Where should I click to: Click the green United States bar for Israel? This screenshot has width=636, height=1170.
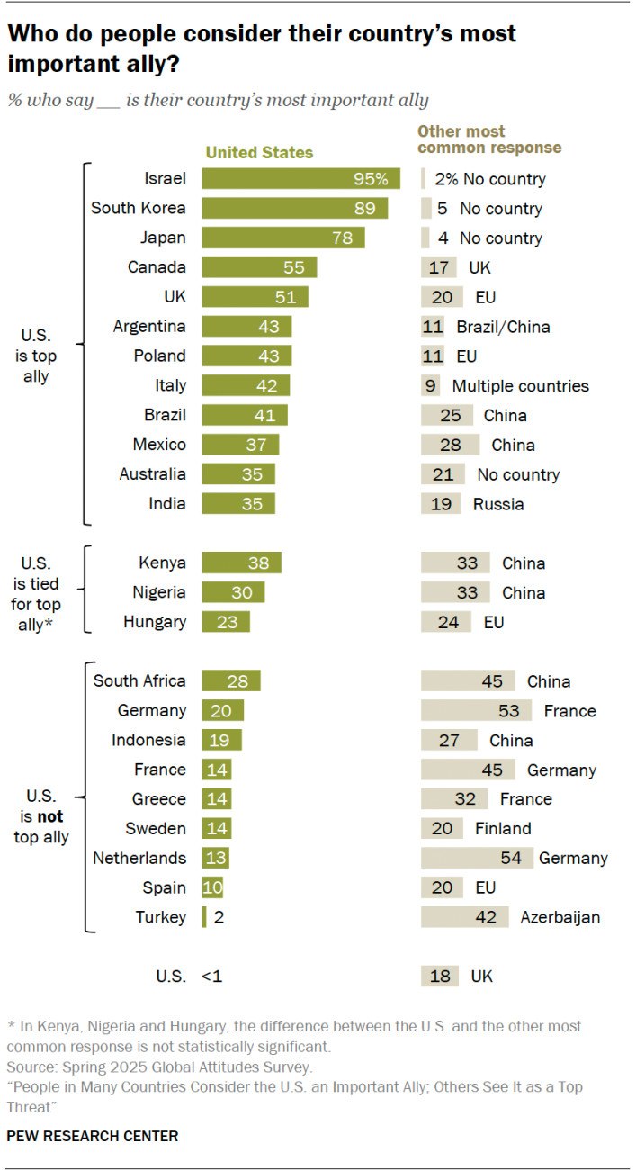[300, 178]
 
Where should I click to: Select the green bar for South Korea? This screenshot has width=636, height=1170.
[294, 208]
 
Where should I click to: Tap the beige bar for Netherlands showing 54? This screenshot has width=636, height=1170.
[477, 858]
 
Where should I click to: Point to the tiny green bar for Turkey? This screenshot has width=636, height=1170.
[204, 917]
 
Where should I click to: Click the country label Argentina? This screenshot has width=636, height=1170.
[149, 326]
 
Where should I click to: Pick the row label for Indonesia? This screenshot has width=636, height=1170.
[148, 740]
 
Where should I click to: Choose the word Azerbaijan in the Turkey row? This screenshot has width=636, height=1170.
[560, 917]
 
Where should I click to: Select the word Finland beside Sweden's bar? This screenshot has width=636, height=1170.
[503, 828]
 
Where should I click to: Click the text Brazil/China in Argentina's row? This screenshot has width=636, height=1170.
[502, 327]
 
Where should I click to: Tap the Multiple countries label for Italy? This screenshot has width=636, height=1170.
[520, 385]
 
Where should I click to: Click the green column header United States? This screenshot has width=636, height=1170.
[259, 153]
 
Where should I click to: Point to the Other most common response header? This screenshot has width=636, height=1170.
[488, 139]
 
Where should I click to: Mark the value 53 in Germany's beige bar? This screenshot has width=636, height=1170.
[508, 711]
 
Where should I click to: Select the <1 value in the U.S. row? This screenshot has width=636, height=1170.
[212, 976]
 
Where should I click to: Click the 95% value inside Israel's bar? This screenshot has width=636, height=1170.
[370, 178]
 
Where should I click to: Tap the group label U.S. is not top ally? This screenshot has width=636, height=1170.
[41, 817]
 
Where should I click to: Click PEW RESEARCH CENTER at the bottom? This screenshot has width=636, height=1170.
[93, 1136]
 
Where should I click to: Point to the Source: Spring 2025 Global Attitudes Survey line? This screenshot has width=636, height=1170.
[159, 1067]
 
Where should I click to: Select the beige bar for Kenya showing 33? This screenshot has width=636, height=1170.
[455, 562]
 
